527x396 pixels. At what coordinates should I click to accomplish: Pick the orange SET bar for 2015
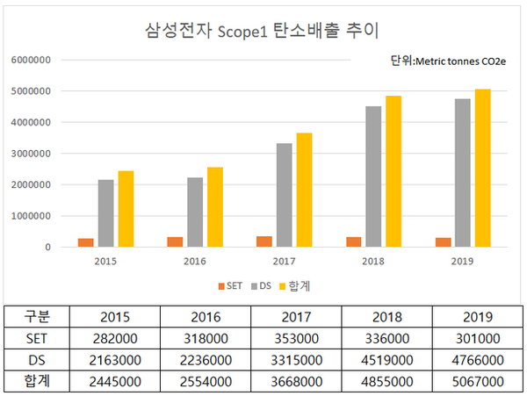click(86, 242)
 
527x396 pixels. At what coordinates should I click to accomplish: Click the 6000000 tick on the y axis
click(31, 61)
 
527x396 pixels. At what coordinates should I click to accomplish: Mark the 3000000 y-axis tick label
click(31, 154)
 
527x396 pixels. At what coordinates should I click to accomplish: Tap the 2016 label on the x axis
click(195, 261)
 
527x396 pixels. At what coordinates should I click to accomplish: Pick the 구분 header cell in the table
click(39, 316)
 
